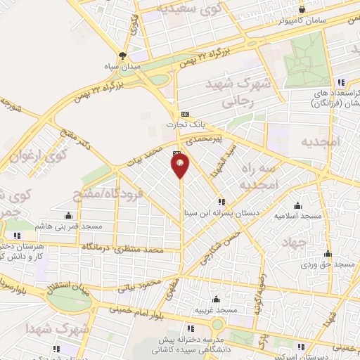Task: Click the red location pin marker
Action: [x=181, y=166]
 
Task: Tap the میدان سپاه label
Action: [x=124, y=67]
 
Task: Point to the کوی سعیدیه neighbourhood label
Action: [x=173, y=9]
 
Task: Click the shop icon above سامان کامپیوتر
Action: [x=302, y=9]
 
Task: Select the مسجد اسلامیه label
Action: [x=297, y=216]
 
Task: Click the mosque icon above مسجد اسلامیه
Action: [x=298, y=206]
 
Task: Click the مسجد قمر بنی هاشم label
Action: [x=72, y=226]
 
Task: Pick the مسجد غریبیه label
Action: [x=215, y=309]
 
